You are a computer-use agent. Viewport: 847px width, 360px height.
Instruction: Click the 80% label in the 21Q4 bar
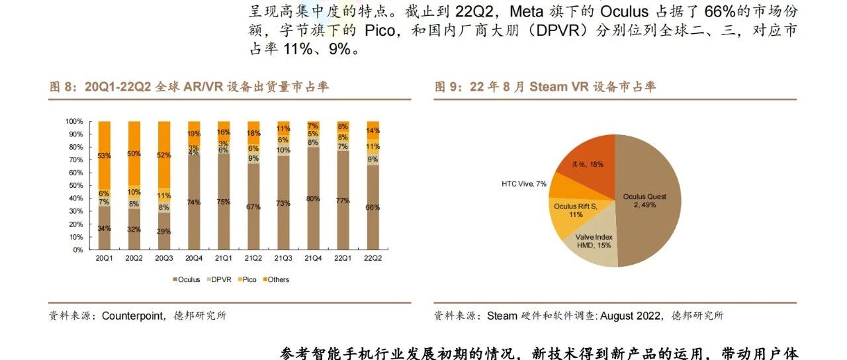point(313,199)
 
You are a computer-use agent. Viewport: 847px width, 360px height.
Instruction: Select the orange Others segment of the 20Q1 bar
point(104,156)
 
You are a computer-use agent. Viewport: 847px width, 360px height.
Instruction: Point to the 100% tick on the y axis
point(74,122)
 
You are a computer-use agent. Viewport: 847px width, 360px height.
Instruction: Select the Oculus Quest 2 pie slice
point(652,199)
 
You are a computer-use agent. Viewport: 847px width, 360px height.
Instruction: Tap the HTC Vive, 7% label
point(524,183)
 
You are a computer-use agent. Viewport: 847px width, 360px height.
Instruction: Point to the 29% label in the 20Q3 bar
point(163,232)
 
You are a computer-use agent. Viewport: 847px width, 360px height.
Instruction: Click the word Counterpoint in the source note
point(133,316)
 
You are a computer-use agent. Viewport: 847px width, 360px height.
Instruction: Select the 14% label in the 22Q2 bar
point(373,131)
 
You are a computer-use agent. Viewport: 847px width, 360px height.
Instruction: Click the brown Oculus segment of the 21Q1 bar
point(224,202)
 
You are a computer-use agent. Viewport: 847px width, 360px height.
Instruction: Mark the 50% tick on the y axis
point(75,186)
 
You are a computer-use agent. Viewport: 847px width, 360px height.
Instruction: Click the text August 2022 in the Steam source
point(631,316)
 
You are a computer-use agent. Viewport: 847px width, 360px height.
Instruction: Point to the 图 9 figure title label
point(449,87)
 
